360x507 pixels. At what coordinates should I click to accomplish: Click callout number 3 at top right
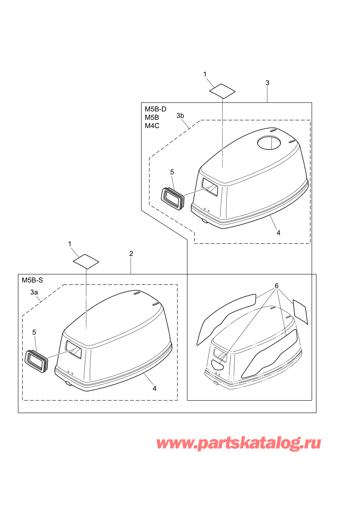(x=267, y=83)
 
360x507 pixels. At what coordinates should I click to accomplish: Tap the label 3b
(x=180, y=116)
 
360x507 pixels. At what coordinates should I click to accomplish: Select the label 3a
(x=34, y=292)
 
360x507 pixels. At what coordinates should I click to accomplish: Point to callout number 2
(x=131, y=254)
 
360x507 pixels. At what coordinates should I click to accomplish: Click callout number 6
(x=277, y=286)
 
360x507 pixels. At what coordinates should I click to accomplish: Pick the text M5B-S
(x=32, y=280)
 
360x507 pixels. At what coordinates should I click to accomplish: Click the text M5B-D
(x=155, y=109)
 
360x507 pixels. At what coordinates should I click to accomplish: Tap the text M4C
(x=152, y=126)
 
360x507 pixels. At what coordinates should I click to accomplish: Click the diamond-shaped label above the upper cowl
(x=222, y=91)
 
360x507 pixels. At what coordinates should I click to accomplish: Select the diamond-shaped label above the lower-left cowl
(x=86, y=261)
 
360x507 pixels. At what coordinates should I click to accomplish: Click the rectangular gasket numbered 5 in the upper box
(x=172, y=198)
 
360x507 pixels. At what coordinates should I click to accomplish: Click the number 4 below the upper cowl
(x=278, y=233)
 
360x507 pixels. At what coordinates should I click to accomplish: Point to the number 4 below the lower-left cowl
(x=154, y=388)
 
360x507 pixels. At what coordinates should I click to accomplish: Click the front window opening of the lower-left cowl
(x=74, y=349)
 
